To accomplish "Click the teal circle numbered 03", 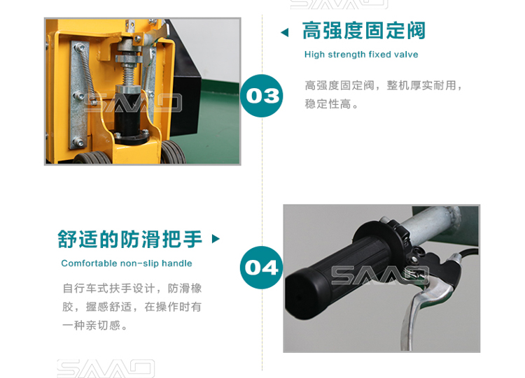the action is [262, 96].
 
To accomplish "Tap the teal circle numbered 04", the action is [262, 268].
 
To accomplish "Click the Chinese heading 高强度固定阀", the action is [363, 31].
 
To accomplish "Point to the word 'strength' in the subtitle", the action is [346, 54].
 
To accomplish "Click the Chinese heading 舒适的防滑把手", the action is [130, 239].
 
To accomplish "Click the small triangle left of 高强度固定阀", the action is [285, 32].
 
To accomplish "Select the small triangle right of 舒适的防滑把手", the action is [216, 239].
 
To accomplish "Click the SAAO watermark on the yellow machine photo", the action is [132, 103].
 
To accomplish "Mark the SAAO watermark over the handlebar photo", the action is [380, 275].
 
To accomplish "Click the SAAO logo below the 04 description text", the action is [106, 368].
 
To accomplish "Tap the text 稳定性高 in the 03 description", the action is [328, 104].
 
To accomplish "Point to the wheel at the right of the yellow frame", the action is [173, 152].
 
